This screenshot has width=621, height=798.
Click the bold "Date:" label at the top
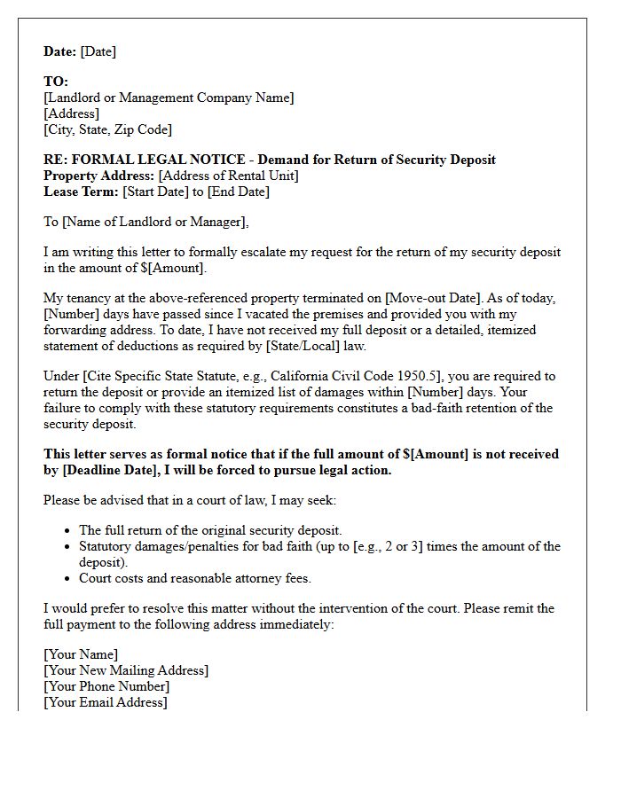pyautogui.click(x=60, y=51)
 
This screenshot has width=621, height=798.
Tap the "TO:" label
pyautogui.click(x=56, y=82)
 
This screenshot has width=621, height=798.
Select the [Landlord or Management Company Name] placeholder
pyautogui.click(x=169, y=98)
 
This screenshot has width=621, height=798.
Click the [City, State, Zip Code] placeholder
pyautogui.click(x=107, y=129)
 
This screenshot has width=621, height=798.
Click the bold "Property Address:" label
pyautogui.click(x=98, y=176)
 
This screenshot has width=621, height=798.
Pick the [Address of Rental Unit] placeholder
pyautogui.click(x=228, y=176)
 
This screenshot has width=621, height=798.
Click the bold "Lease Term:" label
pyautogui.click(x=81, y=192)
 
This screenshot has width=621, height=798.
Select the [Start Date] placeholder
pyautogui.click(x=155, y=192)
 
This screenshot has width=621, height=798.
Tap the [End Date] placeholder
pyautogui.click(x=238, y=192)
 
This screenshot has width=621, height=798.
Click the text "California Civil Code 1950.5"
pyautogui.click(x=348, y=376)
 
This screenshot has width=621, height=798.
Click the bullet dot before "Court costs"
pyautogui.click(x=68, y=579)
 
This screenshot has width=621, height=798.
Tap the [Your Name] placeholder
pyautogui.click(x=81, y=654)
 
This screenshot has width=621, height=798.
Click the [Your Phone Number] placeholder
pyautogui.click(x=106, y=686)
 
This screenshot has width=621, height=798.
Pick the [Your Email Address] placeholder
pyautogui.click(x=105, y=702)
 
